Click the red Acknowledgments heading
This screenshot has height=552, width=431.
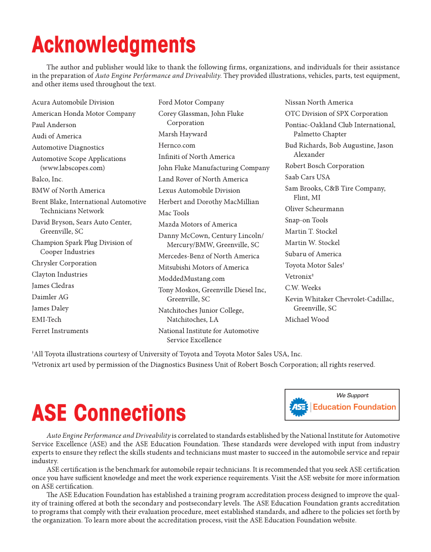(113, 45)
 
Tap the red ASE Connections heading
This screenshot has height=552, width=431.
(109, 413)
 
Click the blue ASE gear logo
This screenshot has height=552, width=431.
(299, 407)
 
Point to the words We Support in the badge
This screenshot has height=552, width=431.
(352, 395)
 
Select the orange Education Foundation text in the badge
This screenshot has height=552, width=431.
(354, 407)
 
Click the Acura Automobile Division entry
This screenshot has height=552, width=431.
(73, 103)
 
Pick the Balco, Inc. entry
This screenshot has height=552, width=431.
(47, 179)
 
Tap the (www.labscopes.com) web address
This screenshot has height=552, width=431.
(73, 168)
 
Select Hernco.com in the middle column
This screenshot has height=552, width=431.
(177, 145)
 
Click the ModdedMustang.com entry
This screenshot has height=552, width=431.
(191, 279)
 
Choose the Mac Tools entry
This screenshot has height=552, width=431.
(174, 213)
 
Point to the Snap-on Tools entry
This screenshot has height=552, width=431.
(306, 220)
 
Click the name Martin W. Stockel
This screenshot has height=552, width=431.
(312, 243)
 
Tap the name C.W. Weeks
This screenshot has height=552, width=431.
(303, 288)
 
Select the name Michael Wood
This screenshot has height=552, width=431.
(307, 320)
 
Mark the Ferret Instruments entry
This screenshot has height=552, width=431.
(60, 331)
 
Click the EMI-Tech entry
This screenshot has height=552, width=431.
(46, 320)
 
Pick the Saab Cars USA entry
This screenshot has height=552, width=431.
(307, 177)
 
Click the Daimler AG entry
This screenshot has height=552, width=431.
(50, 297)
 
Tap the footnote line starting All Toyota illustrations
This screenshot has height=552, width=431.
(168, 354)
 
